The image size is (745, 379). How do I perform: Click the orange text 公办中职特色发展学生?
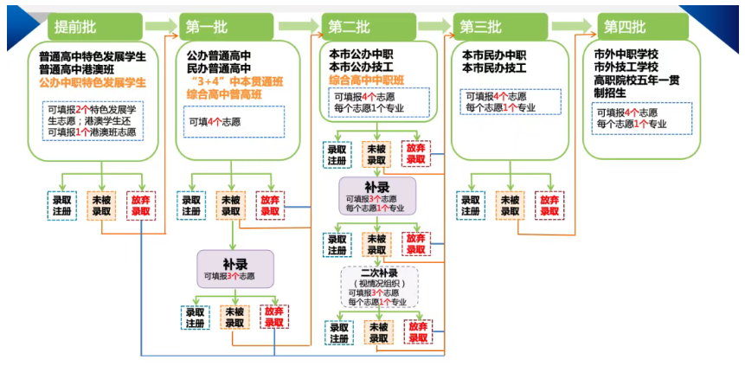coord(93,83)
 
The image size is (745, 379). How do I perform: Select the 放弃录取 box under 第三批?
coord(549,205)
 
